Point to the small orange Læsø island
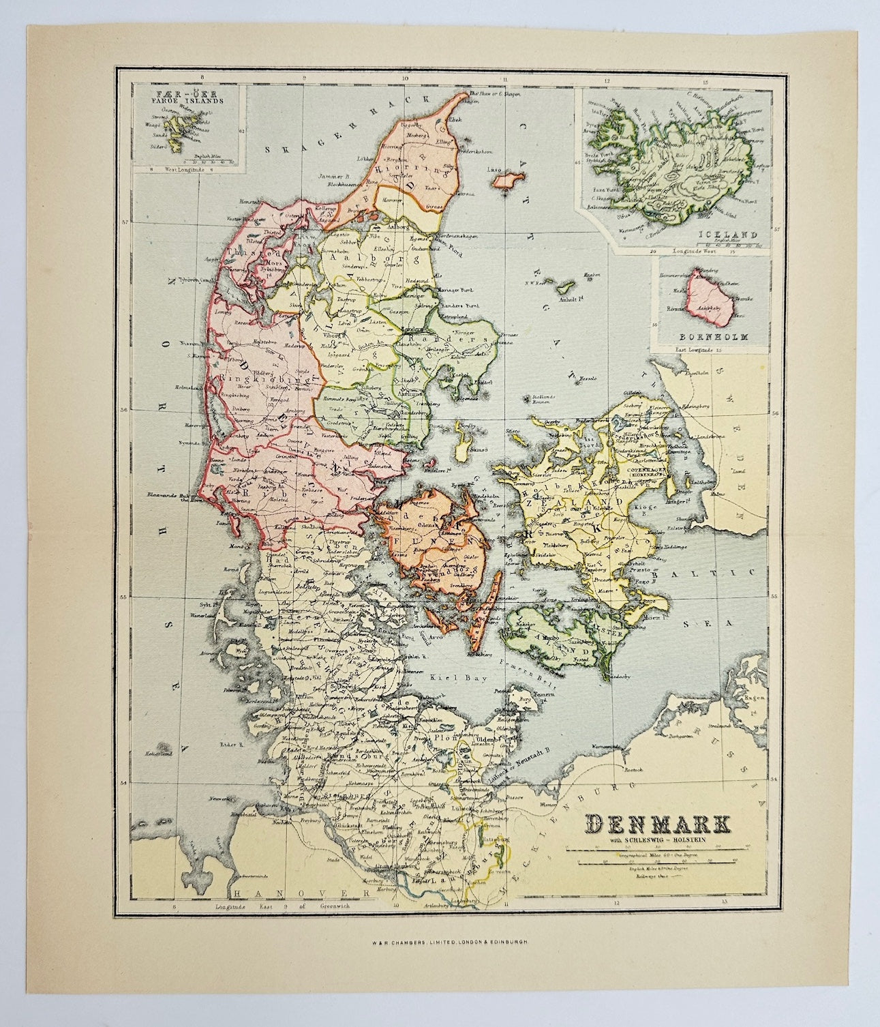506,181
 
